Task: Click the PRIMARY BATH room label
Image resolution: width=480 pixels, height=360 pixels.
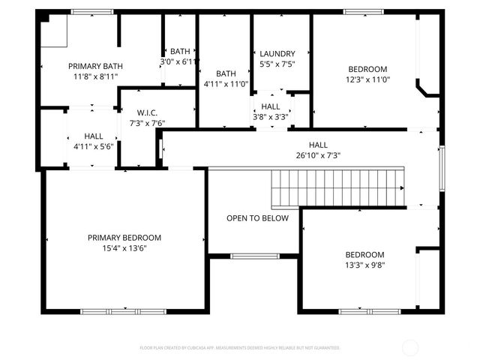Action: [x=94, y=66]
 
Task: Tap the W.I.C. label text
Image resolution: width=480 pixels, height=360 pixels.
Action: [x=147, y=113]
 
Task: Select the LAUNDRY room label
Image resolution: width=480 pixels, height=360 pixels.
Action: [x=277, y=54]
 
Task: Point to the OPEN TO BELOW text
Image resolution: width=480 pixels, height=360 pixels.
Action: [x=258, y=218]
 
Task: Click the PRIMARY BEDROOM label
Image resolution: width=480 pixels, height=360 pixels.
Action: [x=124, y=238]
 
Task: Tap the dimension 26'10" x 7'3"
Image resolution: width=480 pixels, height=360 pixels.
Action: [x=318, y=155]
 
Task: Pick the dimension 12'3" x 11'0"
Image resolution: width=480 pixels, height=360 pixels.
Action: [x=367, y=79]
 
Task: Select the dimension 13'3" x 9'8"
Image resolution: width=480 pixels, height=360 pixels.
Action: [x=364, y=264]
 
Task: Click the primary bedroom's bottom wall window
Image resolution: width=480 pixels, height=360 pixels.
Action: [x=124, y=310]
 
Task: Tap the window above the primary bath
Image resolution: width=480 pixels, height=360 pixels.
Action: [x=91, y=12]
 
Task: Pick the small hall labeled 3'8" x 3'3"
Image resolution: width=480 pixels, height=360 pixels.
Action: [x=271, y=111]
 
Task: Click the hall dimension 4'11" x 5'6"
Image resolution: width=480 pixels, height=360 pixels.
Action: [x=93, y=146]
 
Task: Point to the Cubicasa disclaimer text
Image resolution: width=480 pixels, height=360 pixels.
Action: [x=240, y=348]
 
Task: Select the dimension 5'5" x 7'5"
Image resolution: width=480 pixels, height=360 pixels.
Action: [x=277, y=64]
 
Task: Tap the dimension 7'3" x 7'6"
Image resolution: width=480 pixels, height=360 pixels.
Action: [x=147, y=123]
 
